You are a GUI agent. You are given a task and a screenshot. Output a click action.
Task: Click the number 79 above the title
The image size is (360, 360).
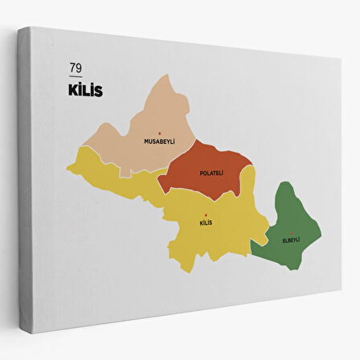[76, 68]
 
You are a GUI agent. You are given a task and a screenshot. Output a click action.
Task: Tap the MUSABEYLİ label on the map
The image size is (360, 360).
[159, 141]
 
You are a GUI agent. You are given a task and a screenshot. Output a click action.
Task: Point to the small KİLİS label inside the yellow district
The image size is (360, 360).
[205, 222]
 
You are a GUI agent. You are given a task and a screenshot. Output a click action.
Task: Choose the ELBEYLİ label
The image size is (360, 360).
[291, 239]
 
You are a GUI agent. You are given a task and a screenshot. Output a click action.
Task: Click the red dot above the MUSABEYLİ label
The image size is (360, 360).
[159, 133]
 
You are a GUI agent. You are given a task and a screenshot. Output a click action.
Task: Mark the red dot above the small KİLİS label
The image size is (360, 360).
[205, 215]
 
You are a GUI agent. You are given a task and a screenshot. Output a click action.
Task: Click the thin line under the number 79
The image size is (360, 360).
[76, 76]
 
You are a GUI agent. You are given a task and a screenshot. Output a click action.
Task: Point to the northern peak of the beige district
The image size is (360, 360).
[171, 76]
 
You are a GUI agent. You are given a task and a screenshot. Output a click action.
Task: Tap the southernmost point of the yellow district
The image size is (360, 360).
[190, 272]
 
